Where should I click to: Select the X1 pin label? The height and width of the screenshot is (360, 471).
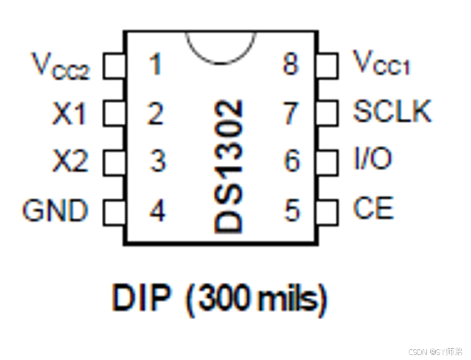pos(69,114)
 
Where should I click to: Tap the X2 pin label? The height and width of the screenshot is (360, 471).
pos(69,162)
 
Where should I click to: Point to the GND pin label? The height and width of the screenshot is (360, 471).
pos(55,210)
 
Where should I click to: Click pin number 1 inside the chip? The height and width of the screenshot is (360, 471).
pos(155,65)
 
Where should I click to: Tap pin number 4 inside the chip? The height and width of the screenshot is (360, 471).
pos(157,210)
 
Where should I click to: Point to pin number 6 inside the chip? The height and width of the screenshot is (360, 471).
pos(291,161)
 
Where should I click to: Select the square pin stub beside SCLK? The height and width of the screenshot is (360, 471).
pos(328,113)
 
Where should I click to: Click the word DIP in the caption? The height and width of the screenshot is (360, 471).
pos(141,299)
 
